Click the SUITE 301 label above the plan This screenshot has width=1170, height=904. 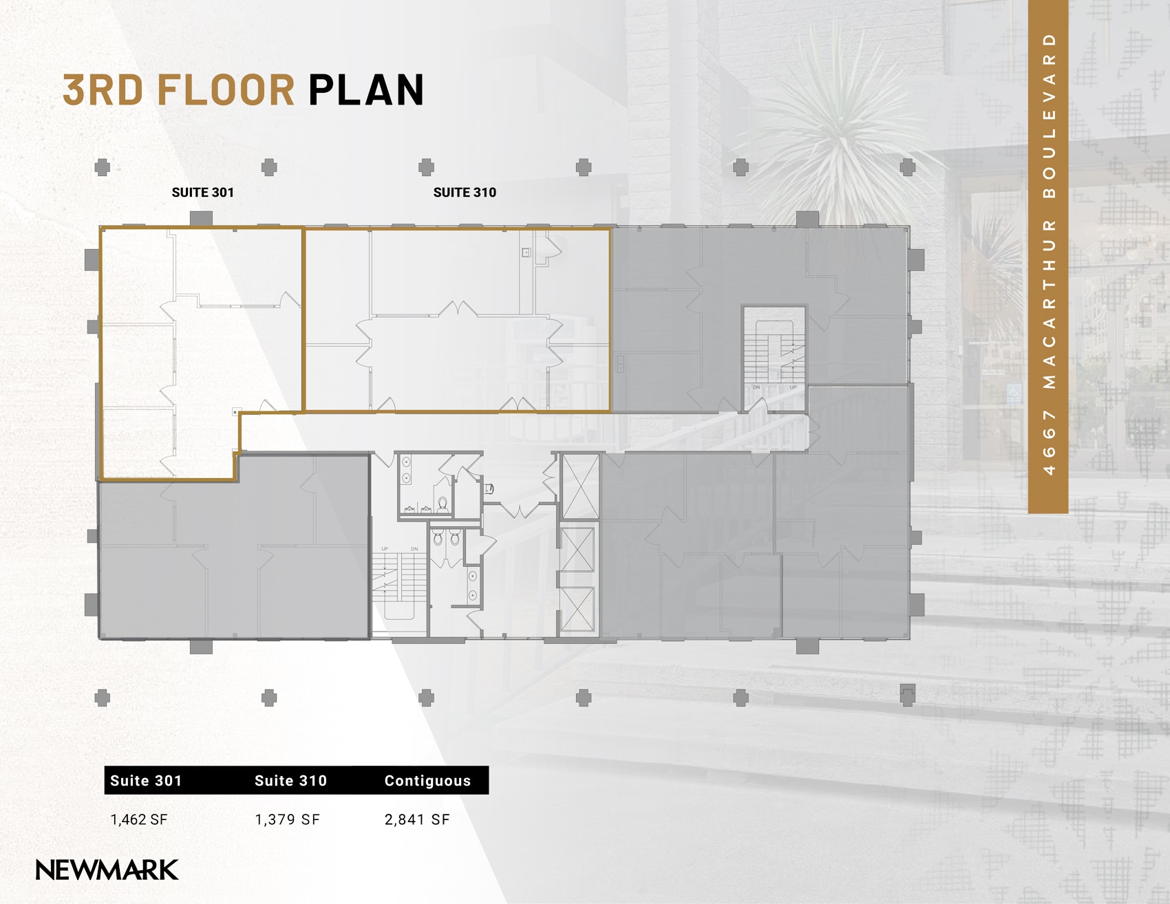pos(203,193)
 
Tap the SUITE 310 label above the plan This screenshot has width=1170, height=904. pos(465,193)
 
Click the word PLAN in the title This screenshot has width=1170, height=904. pos(366,90)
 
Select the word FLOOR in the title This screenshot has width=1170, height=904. pos(226,90)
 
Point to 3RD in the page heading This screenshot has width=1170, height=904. pos(103,90)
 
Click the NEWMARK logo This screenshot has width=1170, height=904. pos(107,870)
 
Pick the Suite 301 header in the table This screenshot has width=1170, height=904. pos(146,781)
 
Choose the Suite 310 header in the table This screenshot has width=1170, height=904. pos(290,781)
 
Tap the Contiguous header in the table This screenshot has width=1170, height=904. pos(427,781)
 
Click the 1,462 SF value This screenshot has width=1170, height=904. pos(139,819)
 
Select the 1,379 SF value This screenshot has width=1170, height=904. pos(287,819)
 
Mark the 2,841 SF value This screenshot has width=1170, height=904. pos(417,819)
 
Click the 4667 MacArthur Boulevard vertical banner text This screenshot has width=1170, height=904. pos(1048,255)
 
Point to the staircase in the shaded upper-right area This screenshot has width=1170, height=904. pos(774,358)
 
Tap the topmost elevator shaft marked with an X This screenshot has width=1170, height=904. pos(580,486)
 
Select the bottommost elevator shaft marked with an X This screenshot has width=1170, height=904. pos(577,609)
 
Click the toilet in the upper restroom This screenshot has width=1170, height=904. pos(443,505)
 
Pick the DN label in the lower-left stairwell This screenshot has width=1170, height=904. pos(414,549)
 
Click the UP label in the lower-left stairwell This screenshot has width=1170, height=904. pos(385,549)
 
